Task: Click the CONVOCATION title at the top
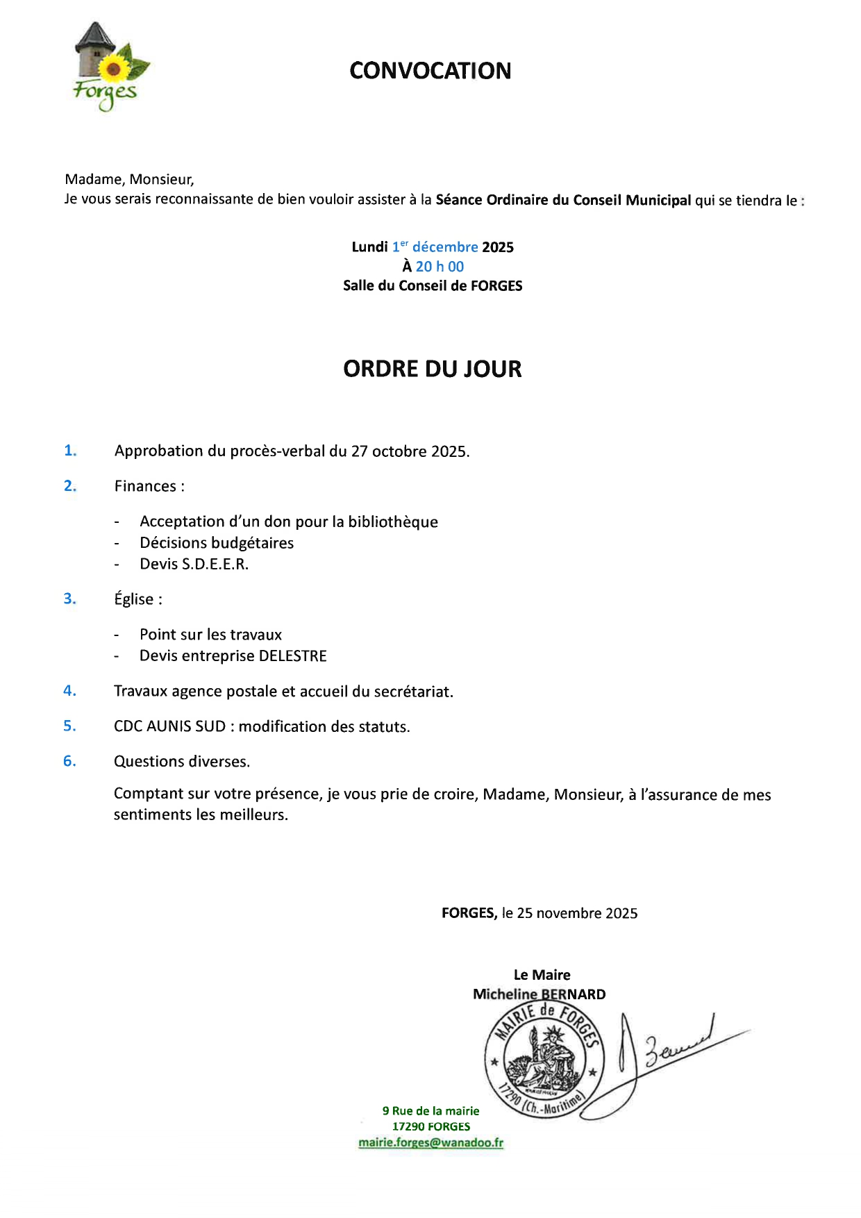tap(430, 70)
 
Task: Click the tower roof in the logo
tap(94, 35)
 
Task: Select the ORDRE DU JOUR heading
tap(432, 369)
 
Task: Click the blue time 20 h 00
tap(440, 266)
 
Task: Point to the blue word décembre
tap(445, 247)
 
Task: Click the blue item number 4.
tap(69, 690)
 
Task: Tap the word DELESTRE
tap(292, 656)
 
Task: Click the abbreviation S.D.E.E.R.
tap(215, 564)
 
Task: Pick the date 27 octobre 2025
tap(410, 451)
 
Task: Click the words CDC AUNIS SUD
tap(169, 726)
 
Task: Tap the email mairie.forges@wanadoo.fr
tap(430, 1142)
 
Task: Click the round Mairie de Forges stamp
tap(544, 1060)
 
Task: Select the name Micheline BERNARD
tap(539, 994)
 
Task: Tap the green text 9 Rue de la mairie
tap(430, 1110)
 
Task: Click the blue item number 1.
tap(70, 451)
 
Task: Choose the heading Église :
tap(138, 599)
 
